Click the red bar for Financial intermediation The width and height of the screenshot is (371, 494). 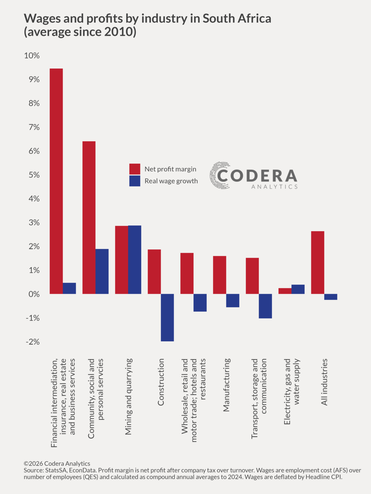56,181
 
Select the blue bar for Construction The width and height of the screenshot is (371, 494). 167,318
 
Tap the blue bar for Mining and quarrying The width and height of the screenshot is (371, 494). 135,260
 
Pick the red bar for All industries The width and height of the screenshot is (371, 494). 318,262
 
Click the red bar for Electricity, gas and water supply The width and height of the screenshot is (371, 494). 285,291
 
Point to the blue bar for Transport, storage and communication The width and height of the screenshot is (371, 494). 265,306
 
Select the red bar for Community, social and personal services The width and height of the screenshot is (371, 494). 89,217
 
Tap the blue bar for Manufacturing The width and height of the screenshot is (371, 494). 233,301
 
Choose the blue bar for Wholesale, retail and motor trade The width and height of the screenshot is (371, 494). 200,303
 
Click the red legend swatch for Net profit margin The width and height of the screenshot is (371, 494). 135,169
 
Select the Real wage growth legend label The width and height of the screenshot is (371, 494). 171,181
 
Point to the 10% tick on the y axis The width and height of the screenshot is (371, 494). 32,56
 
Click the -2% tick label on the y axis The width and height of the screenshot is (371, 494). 33,342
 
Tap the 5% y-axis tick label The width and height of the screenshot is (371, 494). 34,175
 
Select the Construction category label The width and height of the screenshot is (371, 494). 161,382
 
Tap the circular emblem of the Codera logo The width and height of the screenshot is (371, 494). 220,175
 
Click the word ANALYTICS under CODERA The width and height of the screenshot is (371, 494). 274,187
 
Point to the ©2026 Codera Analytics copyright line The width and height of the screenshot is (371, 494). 57,463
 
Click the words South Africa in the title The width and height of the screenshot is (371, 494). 237,19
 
